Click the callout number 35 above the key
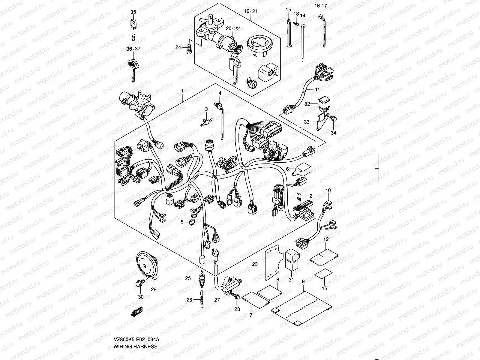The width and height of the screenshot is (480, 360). click(133, 12)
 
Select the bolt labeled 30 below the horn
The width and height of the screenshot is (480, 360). click(140, 282)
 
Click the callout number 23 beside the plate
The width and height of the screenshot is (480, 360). click(255, 264)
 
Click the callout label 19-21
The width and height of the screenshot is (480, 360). click(251, 11)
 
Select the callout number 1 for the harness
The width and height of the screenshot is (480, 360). click(182, 90)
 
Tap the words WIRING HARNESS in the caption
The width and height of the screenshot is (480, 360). click(135, 346)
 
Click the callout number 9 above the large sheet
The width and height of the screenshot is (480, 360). click(303, 282)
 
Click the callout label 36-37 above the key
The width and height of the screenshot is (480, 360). click(133, 49)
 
